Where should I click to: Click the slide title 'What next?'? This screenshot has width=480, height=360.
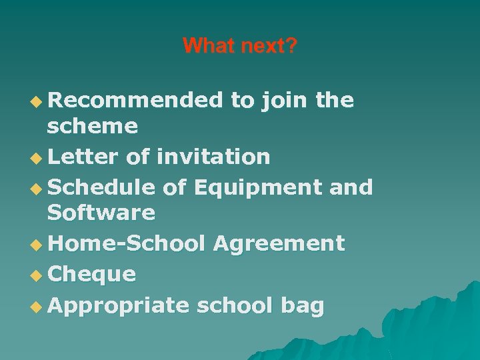[240, 46]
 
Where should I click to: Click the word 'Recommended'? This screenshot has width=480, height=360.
[135, 100]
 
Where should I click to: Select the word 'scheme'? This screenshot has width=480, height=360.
[93, 125]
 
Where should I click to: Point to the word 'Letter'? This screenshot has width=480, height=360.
[82, 157]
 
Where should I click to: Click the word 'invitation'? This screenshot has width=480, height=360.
[213, 157]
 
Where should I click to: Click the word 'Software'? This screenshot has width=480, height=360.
[101, 213]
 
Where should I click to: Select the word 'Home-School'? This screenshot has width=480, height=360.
[127, 243]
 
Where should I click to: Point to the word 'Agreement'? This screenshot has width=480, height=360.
[279, 243]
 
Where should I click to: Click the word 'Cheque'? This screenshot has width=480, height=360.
[92, 274]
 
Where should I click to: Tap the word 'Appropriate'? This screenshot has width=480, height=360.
[119, 305]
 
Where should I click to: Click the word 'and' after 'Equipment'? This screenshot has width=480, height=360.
[351, 188]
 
